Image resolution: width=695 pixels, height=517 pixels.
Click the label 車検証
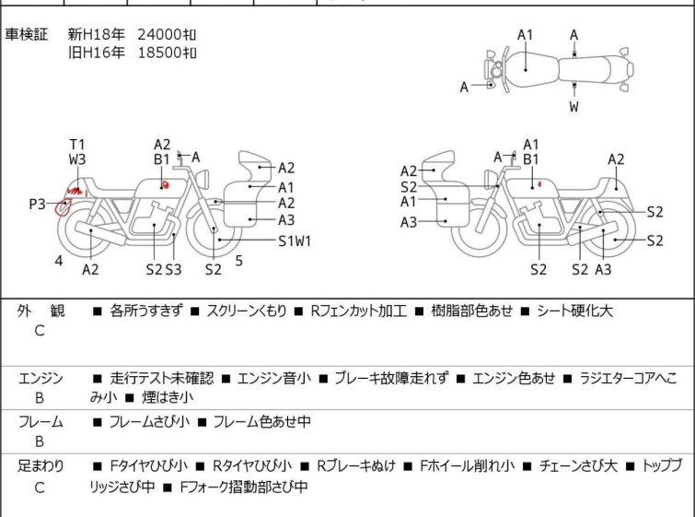(x=27, y=35)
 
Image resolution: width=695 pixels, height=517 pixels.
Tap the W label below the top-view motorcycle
(x=573, y=107)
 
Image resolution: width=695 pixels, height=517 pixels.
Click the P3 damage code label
(x=37, y=204)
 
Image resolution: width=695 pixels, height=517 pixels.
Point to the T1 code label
(x=77, y=144)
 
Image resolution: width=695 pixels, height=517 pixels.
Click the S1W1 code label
(x=295, y=241)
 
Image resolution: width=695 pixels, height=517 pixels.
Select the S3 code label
(x=173, y=269)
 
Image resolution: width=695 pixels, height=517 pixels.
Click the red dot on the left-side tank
(x=166, y=185)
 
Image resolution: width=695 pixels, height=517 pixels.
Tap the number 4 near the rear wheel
(x=59, y=261)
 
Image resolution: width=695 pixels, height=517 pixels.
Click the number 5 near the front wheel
(x=238, y=261)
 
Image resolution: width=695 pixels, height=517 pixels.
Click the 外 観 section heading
(x=41, y=311)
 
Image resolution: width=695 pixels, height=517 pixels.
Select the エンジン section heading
(x=41, y=378)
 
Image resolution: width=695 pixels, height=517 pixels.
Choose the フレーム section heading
(x=41, y=422)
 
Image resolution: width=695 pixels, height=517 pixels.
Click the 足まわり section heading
(x=41, y=466)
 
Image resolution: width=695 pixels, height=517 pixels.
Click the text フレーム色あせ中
(x=261, y=422)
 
